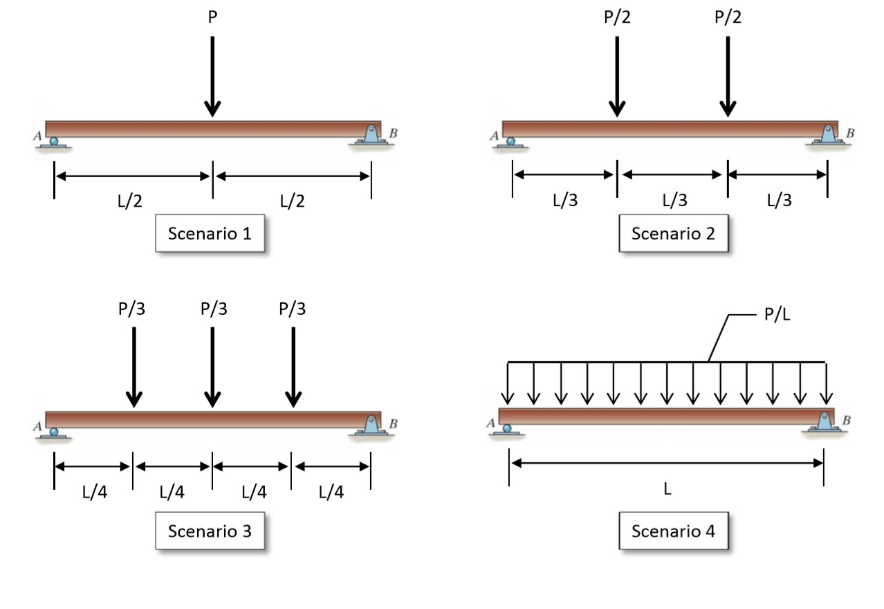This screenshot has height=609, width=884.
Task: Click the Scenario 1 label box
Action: (x=210, y=234)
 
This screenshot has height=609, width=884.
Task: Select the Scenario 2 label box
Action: (x=673, y=234)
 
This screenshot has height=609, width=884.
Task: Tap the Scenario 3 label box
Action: (x=210, y=531)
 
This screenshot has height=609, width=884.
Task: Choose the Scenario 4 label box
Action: (x=673, y=531)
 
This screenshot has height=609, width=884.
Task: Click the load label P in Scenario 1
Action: (x=212, y=18)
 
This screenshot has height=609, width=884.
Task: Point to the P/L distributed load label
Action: (x=776, y=316)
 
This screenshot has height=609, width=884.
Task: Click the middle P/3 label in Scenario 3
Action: (x=213, y=309)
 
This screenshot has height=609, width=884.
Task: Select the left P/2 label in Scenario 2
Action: (x=616, y=18)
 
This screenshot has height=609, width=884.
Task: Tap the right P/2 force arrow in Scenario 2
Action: (x=728, y=76)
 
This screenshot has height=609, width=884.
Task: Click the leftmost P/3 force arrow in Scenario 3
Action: (x=134, y=367)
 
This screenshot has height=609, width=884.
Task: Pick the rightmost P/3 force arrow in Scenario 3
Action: (x=293, y=367)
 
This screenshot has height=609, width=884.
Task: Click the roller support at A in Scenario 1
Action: (x=53, y=142)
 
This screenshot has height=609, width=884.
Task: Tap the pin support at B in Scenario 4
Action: (x=823, y=424)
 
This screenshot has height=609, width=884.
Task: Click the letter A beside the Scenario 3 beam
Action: (x=37, y=426)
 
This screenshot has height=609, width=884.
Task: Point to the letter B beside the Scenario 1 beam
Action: (x=394, y=133)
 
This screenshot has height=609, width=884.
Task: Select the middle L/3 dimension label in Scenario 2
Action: (x=674, y=201)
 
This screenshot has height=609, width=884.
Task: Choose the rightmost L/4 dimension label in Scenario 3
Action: (x=331, y=492)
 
